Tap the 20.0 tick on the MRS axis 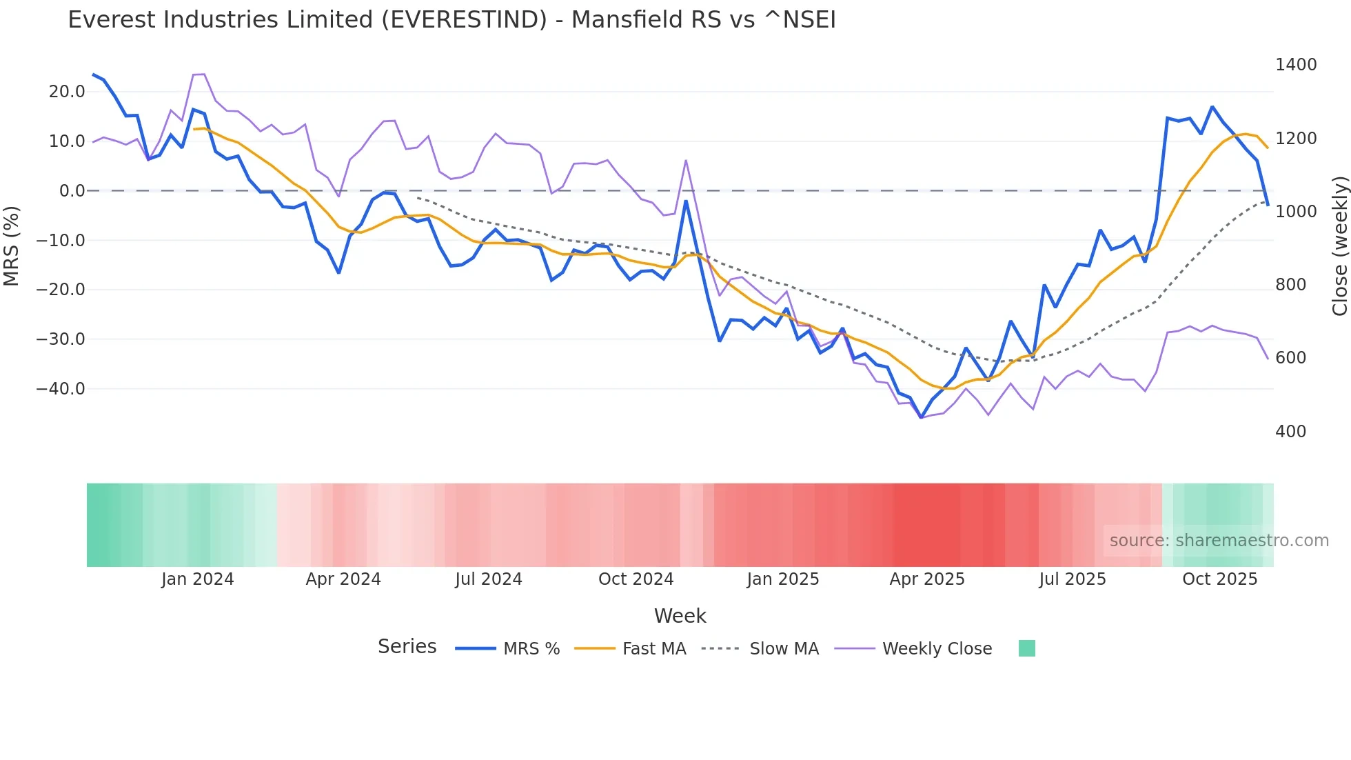[67, 92]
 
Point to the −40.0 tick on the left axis [61, 389]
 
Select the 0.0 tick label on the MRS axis [72, 191]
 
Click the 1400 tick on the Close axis [1296, 65]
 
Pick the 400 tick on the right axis [1290, 432]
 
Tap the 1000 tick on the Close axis [1296, 212]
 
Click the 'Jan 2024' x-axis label [198, 579]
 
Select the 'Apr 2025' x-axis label [927, 579]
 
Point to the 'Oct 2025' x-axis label [1219, 579]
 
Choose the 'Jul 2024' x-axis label [489, 579]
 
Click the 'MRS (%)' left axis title [12, 246]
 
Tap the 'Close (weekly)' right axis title [1339, 246]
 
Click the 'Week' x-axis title [680, 616]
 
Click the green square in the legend [1026, 648]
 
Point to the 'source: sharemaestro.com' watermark [1219, 541]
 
